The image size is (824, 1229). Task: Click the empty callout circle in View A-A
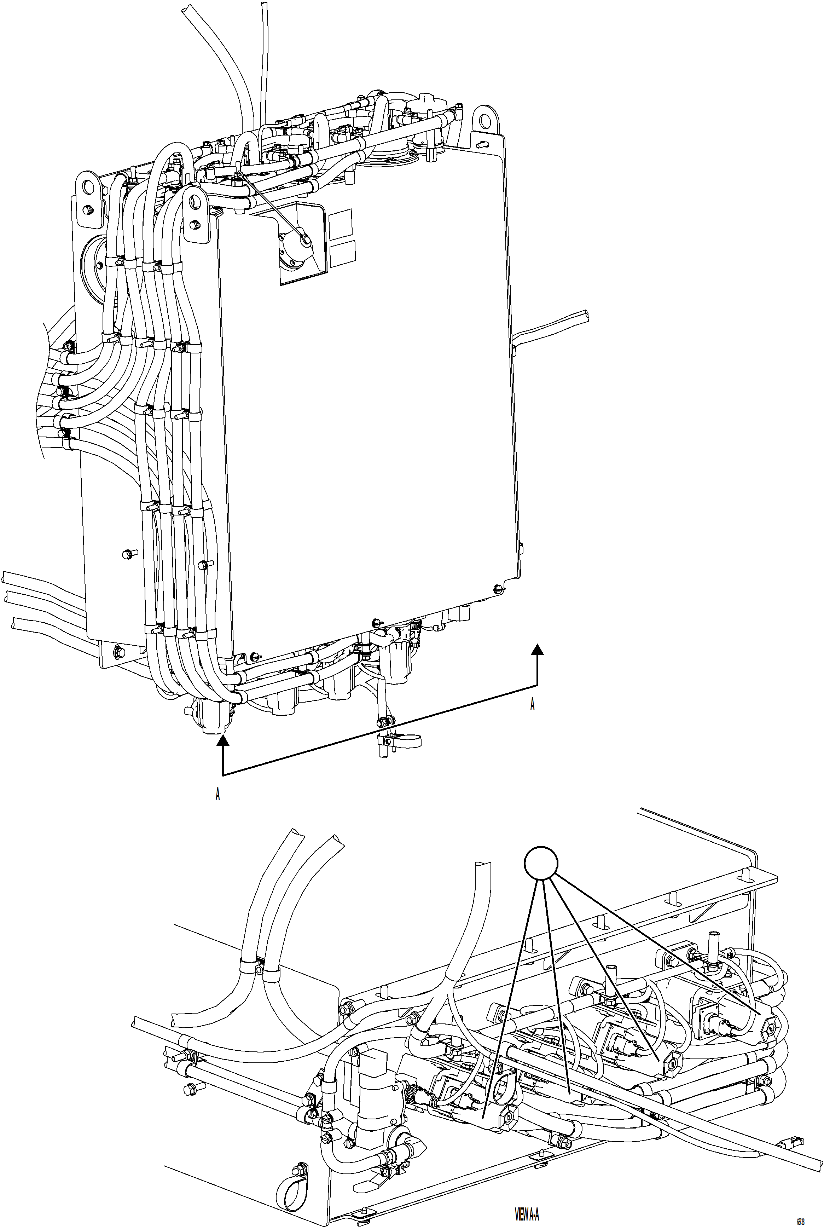[x=541, y=862]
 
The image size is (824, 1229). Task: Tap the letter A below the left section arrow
[x=217, y=794]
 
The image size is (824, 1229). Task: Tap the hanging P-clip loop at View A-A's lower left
[x=290, y=1183]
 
